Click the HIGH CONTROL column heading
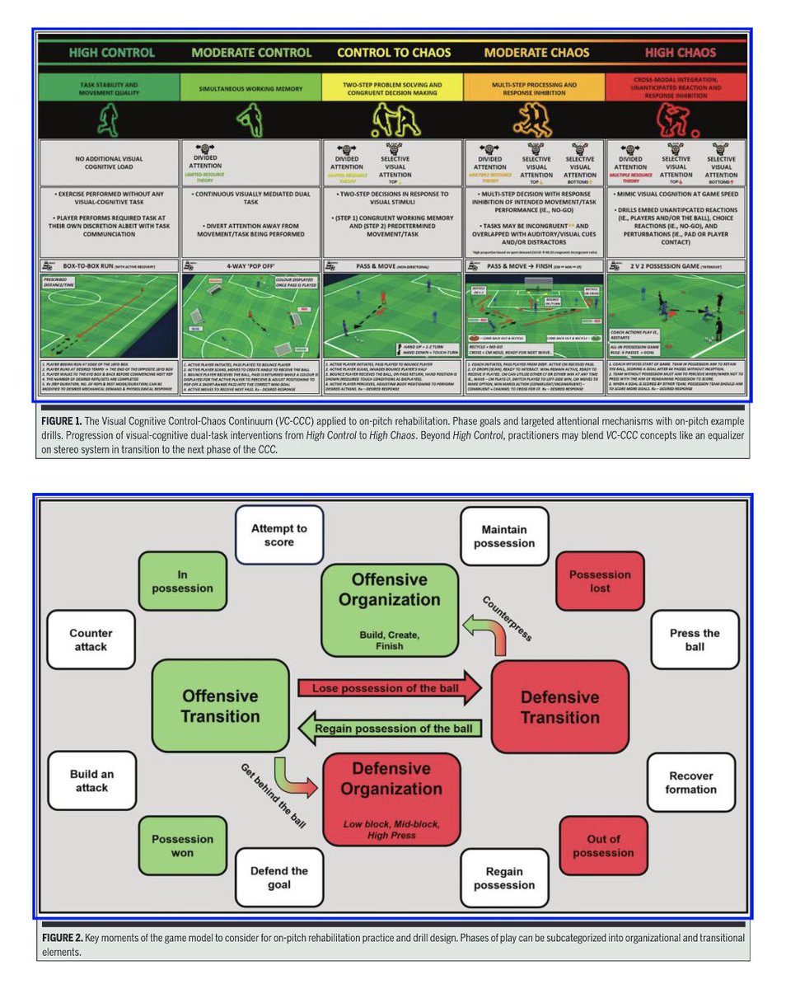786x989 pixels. point(111,53)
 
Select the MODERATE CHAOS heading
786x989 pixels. point(536,53)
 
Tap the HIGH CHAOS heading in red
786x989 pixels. point(680,53)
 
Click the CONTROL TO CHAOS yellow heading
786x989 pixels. point(394,53)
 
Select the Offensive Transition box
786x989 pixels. point(220,705)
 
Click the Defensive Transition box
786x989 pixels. point(559,706)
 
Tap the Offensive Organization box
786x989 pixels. point(389,608)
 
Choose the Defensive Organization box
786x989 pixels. point(391,798)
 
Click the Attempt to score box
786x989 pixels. point(278,535)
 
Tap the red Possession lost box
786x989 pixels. point(600,581)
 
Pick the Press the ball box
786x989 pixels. point(695,640)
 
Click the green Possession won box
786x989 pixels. point(183,846)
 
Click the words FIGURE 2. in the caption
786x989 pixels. point(67,939)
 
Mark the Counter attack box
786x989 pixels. point(91,640)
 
